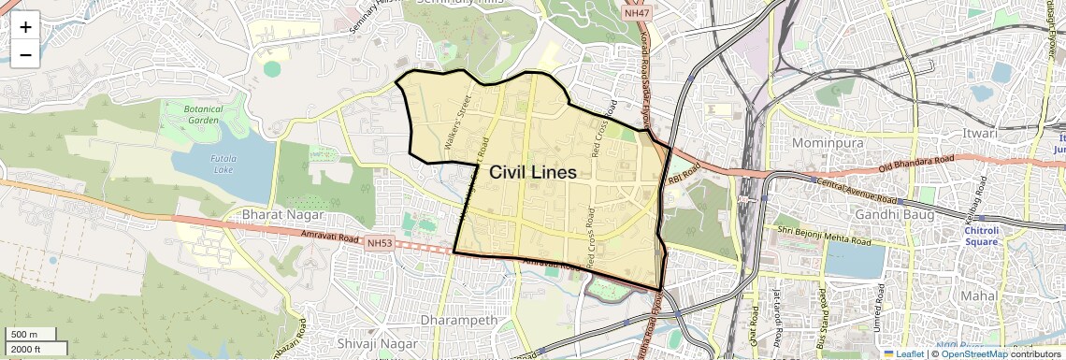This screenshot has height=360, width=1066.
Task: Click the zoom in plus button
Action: click(25, 26)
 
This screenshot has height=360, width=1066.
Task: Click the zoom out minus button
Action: click(25, 54)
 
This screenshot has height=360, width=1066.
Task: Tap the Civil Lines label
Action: click(533, 173)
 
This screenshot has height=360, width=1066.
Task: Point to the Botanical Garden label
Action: click(203, 114)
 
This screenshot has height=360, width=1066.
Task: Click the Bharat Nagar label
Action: click(268, 215)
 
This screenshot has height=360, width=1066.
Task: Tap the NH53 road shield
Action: click(379, 243)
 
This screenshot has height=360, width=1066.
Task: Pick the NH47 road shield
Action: click(636, 13)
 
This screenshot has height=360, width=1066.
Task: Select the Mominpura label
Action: click(829, 143)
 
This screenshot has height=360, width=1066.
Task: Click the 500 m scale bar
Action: click(32, 335)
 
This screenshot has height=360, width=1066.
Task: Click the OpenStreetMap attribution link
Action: click(973, 353)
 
